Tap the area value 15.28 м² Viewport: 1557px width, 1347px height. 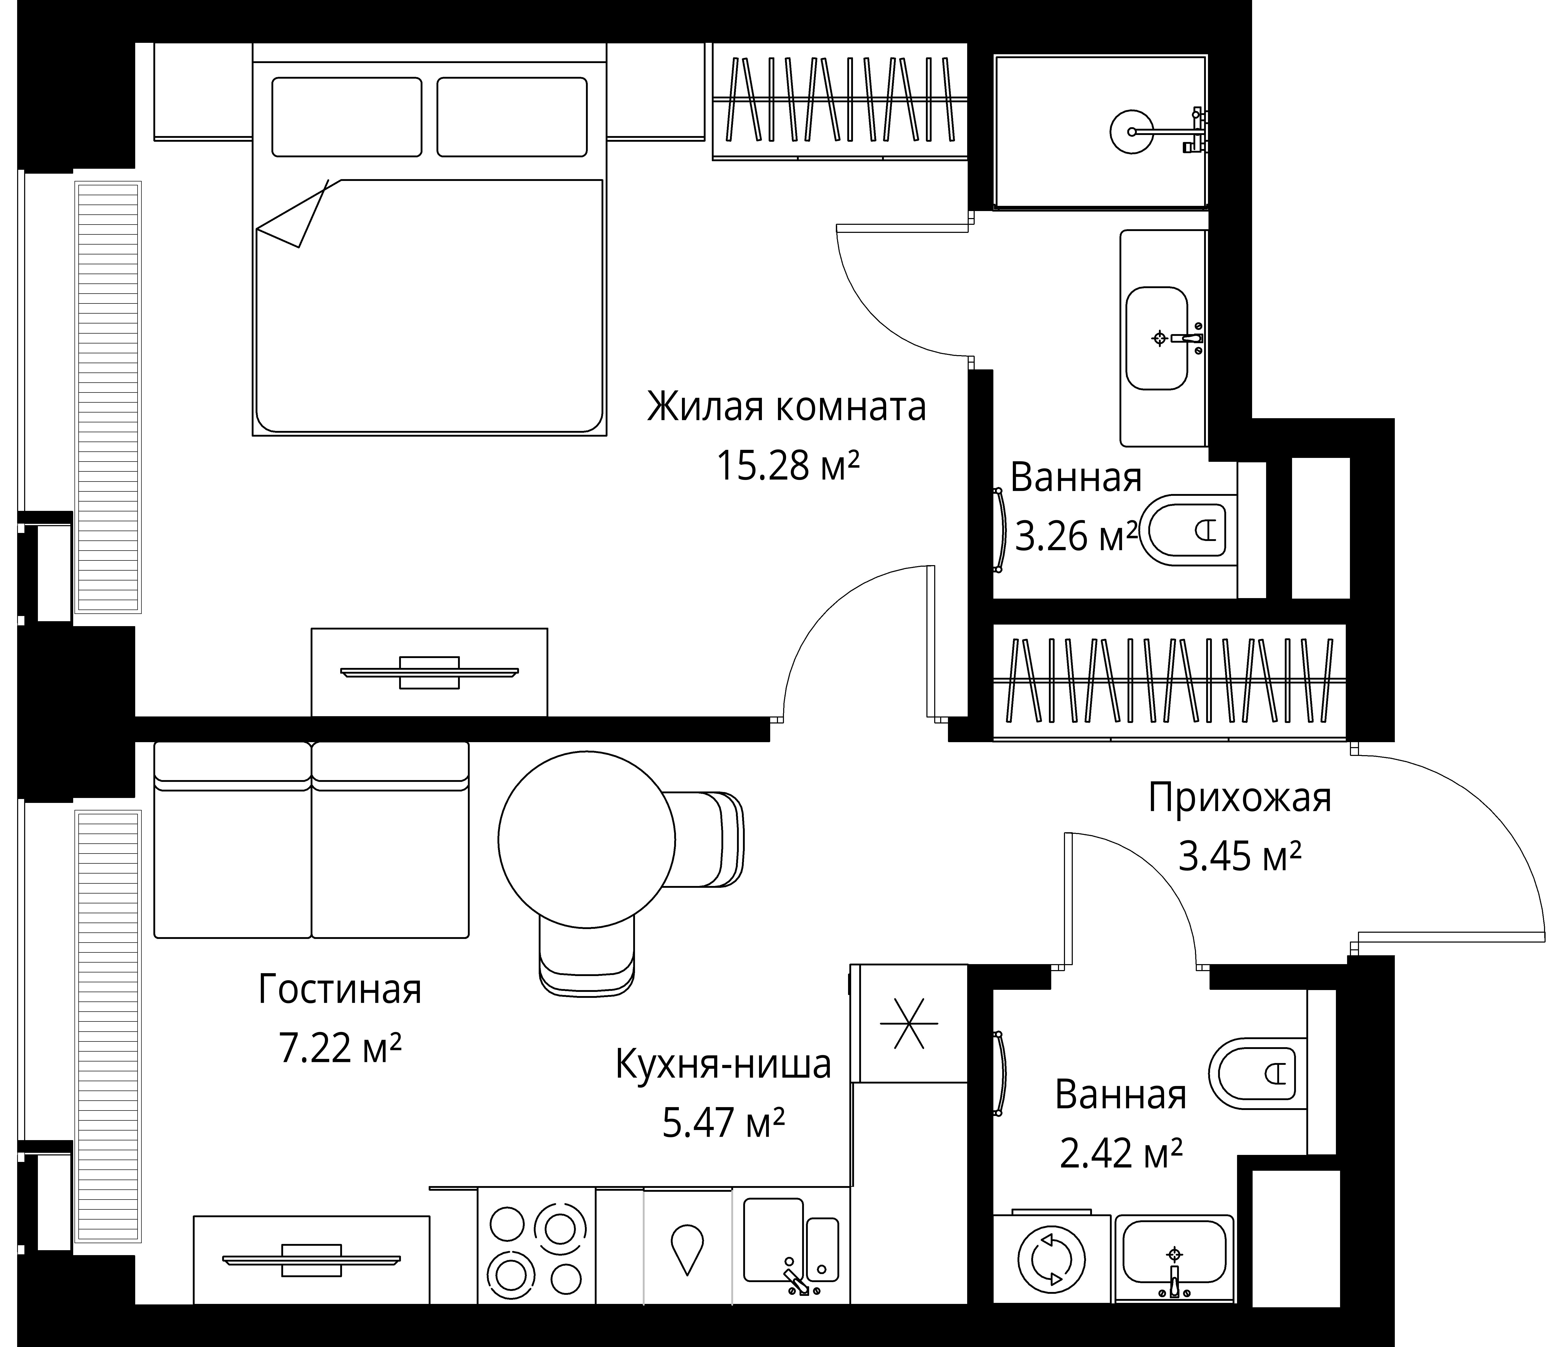coord(788,466)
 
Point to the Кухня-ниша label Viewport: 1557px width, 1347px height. coord(723,1064)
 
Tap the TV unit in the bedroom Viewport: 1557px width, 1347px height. coord(429,672)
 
